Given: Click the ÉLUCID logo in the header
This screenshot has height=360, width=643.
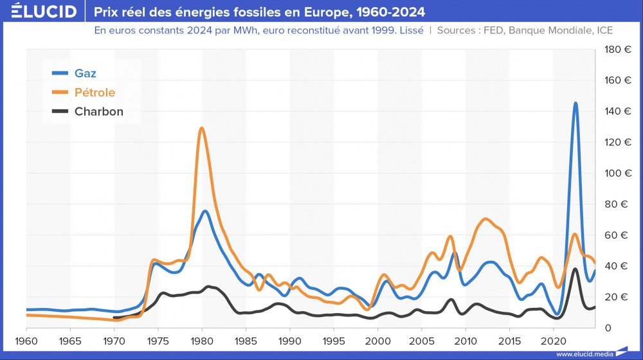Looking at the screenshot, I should coord(39,12).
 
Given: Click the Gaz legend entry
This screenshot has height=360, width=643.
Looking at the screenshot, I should coord(85,73).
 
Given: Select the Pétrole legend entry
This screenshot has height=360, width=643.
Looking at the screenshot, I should coord(95,92).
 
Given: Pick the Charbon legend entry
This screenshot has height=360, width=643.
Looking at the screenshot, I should coord(98,111).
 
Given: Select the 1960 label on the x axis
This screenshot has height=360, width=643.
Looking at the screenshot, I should coord(26,339).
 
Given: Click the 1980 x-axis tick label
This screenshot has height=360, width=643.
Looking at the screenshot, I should coord(202,339).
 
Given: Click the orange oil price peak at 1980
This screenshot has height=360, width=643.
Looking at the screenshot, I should coord(202,129).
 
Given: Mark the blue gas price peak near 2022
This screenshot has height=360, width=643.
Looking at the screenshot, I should coord(575,104).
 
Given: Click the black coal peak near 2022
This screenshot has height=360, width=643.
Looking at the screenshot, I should coord(575,269).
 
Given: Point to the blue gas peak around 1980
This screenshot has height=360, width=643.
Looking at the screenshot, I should coord(205,212).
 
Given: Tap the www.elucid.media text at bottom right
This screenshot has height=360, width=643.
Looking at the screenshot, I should coord(584,354).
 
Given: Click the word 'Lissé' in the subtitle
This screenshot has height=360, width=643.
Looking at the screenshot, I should coord(410,30).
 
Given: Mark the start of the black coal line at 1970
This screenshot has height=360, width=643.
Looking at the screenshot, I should coord(114,318).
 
